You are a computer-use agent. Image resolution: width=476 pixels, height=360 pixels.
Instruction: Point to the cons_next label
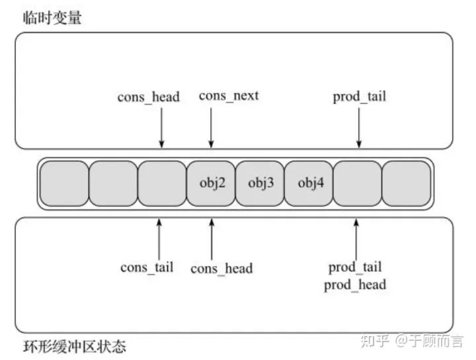click(x=229, y=96)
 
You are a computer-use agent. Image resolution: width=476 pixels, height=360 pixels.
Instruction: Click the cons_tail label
click(x=147, y=267)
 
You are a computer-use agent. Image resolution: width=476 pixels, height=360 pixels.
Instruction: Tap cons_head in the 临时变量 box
click(x=149, y=97)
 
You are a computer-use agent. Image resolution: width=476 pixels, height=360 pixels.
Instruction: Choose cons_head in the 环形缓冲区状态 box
click(x=221, y=268)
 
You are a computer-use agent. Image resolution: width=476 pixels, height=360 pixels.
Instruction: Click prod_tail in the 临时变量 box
click(x=359, y=97)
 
